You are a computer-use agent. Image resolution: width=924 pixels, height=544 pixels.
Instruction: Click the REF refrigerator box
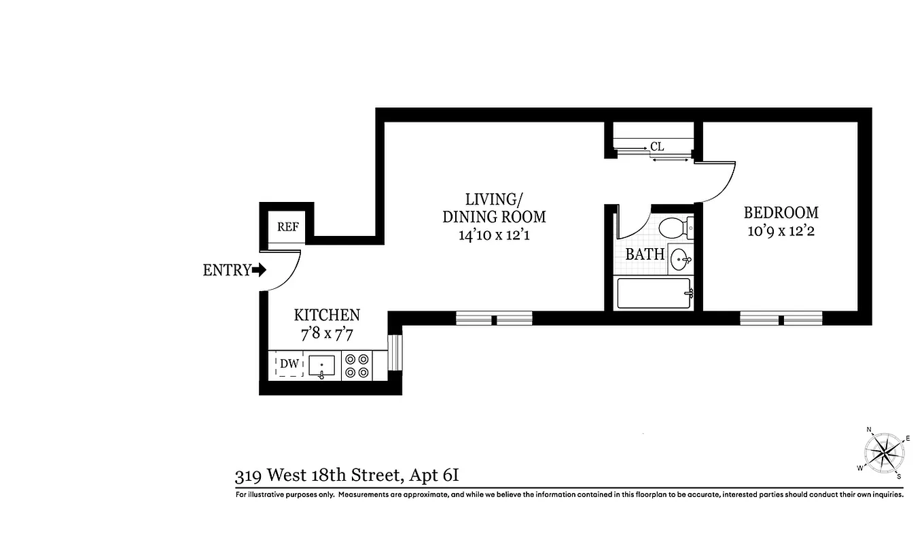[x=287, y=227]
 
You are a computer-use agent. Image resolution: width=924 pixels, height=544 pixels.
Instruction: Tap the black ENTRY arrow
[x=258, y=270]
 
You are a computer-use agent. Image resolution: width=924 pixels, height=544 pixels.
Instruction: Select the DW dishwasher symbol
[x=289, y=365]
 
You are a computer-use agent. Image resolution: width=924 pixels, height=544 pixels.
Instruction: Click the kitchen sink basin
[x=321, y=366]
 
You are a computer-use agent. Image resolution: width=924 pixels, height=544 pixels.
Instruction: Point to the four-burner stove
[x=356, y=365]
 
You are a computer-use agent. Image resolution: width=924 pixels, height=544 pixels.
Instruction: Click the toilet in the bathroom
[x=677, y=226]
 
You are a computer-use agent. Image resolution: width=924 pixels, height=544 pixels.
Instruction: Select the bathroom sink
[x=681, y=258]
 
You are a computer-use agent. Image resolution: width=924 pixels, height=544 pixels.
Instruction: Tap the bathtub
[x=653, y=294]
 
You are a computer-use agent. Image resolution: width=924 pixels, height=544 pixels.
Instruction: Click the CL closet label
[x=656, y=146]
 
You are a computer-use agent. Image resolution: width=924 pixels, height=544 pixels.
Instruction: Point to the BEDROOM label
[x=781, y=212]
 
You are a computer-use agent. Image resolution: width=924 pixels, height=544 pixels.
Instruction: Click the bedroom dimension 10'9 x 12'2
[x=781, y=231]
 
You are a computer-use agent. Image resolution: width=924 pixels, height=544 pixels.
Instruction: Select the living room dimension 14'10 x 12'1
[x=494, y=235]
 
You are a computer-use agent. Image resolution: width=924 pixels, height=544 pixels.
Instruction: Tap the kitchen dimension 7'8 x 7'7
[x=326, y=334]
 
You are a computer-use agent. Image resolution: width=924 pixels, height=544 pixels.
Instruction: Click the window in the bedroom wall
[x=781, y=318]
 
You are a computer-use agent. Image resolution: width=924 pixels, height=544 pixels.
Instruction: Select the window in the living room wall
[x=494, y=318]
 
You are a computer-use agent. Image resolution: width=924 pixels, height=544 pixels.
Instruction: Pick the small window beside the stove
[x=395, y=352]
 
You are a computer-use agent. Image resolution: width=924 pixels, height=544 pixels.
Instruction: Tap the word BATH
[x=645, y=255]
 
